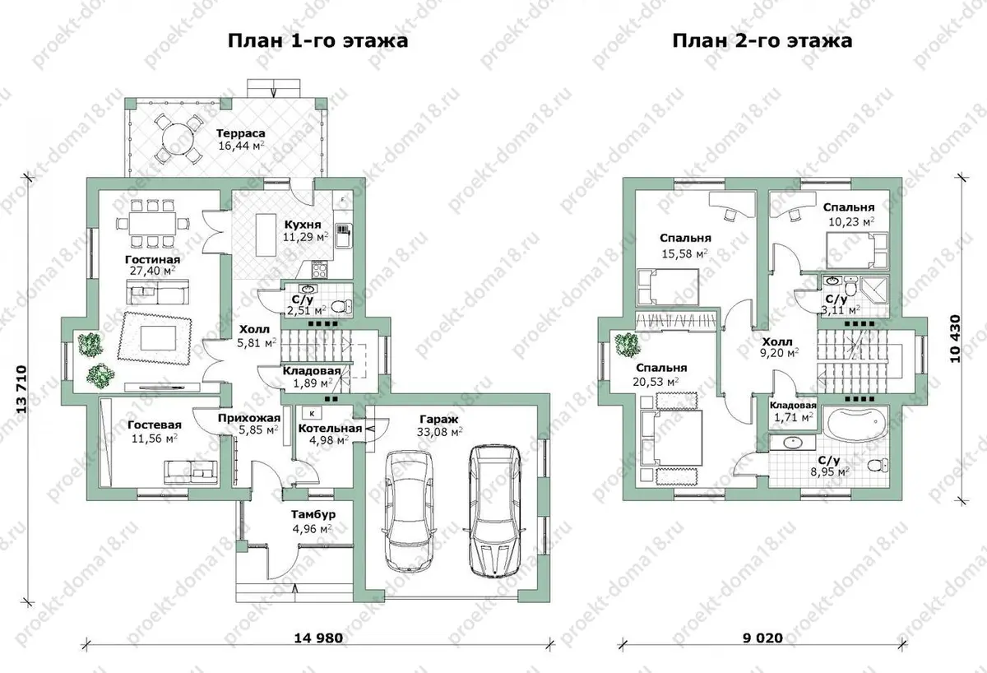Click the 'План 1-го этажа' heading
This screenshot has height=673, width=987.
[317, 41]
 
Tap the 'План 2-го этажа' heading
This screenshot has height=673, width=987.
[762, 41]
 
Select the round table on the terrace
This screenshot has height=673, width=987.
[178, 138]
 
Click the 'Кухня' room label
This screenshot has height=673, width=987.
[303, 225]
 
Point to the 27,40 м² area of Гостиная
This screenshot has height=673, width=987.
[152, 270]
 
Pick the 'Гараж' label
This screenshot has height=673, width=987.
[439, 419]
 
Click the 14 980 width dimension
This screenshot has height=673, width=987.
[318, 638]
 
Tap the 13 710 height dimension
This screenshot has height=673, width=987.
[21, 389]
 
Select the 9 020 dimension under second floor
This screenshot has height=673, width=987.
[762, 638]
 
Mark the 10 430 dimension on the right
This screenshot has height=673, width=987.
[954, 338]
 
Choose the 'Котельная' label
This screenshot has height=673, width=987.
[330, 429]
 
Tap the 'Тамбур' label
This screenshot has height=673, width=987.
[313, 514]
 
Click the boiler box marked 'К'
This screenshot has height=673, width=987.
[312, 413]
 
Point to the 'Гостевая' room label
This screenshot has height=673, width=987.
[155, 425]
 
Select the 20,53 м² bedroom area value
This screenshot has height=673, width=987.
[656, 381]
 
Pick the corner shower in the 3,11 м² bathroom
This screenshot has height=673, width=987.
[873, 291]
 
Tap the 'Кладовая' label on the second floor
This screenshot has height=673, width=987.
[793, 405]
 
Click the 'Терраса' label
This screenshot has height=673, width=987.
[240, 133]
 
